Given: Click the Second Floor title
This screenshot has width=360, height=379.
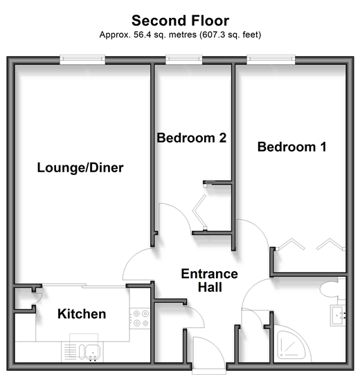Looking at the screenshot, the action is (180, 21).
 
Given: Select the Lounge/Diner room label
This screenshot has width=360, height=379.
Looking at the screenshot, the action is (80, 168).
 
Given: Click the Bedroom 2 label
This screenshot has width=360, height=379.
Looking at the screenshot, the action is (191, 138).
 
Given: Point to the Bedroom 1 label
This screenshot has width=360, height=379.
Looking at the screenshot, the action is (291, 147).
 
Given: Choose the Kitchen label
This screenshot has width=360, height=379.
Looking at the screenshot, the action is (82, 314).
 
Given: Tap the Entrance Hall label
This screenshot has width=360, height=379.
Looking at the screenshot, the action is (210, 280).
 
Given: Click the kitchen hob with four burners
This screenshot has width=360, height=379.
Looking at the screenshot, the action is (140, 318).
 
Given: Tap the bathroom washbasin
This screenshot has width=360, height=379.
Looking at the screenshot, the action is (339, 315).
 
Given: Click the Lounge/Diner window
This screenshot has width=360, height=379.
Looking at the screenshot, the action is (82, 59).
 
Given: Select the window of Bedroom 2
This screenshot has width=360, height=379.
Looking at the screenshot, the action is (184, 59).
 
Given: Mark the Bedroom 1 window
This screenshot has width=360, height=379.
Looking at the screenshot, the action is (271, 59).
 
